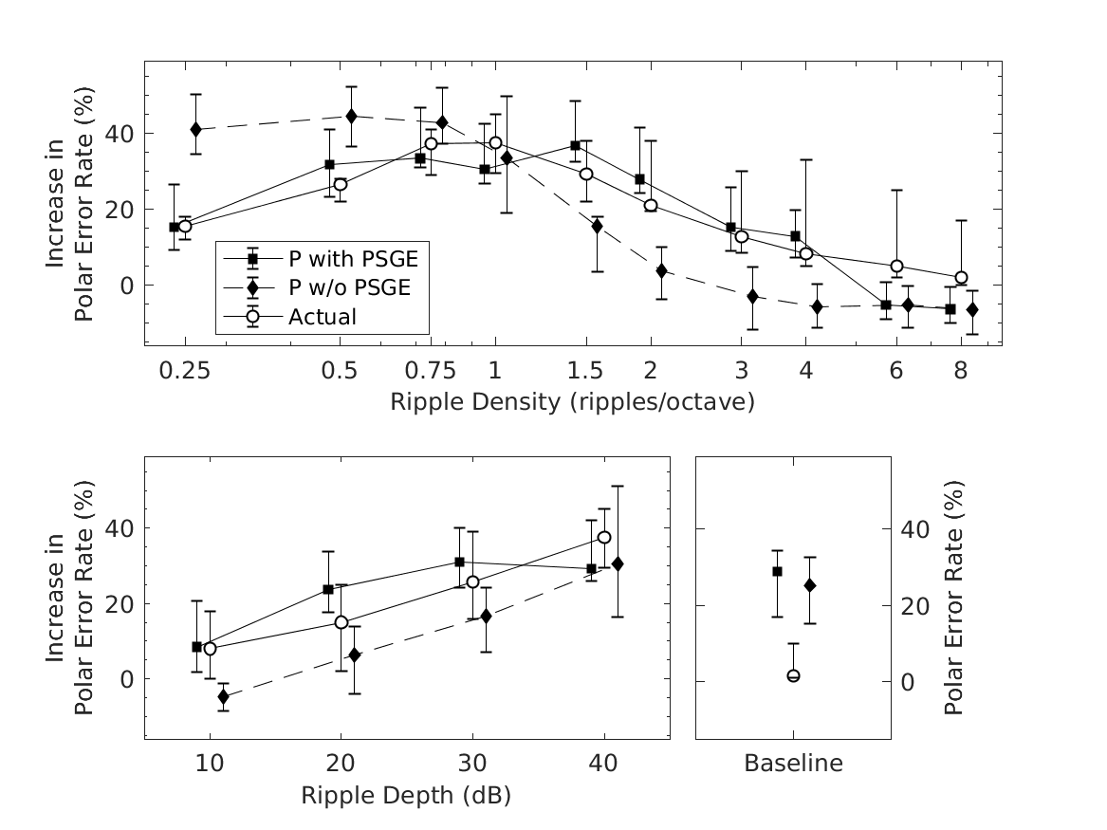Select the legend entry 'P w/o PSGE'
point(349,287)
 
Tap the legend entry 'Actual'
point(323,317)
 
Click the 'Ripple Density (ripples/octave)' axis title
point(572,402)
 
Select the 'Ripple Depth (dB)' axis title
point(406,795)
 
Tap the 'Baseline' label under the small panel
point(793,763)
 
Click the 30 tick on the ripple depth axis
point(472,763)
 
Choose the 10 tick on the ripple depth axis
point(210,763)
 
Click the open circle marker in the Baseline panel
point(793,675)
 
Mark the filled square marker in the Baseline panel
point(777,571)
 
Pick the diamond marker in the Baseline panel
point(810,585)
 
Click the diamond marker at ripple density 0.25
point(195,129)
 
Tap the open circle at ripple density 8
point(961,278)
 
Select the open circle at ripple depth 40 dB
point(604,537)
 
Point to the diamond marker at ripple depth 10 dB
point(224,696)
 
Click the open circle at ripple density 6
point(896,267)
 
